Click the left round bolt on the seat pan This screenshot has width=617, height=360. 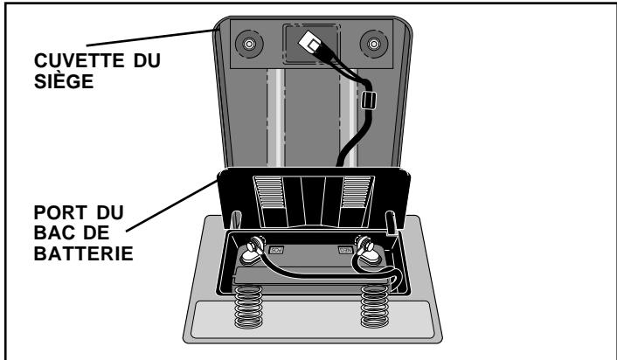pyautogui.click(x=249, y=43)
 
